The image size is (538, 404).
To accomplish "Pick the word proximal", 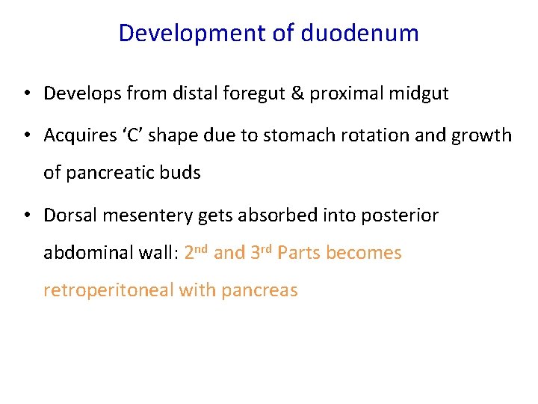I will pos(344,94).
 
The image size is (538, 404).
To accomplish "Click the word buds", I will pos(182,172).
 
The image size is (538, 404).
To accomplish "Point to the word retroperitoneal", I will pos(108,290).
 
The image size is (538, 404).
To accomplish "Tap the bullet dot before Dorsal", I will pos(26,216).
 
